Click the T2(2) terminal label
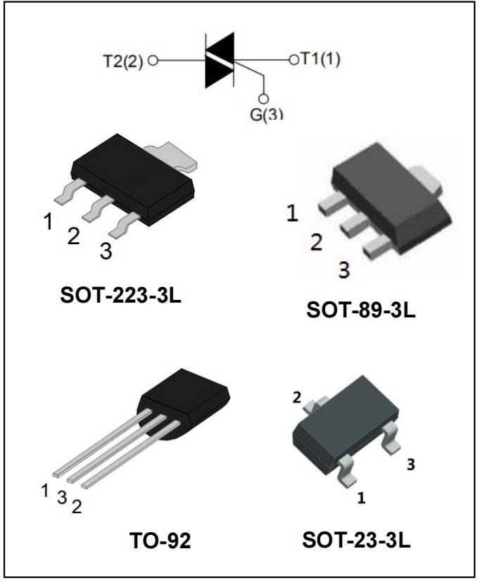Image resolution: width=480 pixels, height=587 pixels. (x=122, y=61)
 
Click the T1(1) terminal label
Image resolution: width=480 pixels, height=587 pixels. (x=320, y=59)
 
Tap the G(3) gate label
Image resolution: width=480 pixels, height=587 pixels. (x=266, y=114)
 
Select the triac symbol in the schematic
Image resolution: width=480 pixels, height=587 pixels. (x=220, y=61)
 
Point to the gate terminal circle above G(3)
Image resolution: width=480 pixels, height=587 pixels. (x=264, y=99)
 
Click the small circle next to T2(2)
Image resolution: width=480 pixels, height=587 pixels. (x=153, y=61)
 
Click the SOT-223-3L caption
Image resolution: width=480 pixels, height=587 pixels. (x=120, y=296)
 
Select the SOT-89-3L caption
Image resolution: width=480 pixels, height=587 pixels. (x=361, y=310)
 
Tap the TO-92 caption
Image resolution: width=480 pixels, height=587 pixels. (x=160, y=541)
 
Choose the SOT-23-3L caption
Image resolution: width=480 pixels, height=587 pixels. (x=356, y=540)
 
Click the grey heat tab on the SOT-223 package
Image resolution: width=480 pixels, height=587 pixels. (x=172, y=156)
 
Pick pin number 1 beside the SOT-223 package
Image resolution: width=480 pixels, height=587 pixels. (x=48, y=222)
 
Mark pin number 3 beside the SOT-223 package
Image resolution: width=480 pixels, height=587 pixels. (x=106, y=251)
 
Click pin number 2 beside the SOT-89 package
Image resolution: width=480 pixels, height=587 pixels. (x=317, y=242)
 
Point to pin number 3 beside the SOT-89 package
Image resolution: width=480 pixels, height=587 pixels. (x=344, y=270)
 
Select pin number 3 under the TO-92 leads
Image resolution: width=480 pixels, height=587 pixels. (x=62, y=498)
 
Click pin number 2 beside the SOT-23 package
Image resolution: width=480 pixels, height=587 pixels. (x=296, y=398)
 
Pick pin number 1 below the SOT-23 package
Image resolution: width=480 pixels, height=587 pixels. (x=361, y=498)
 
